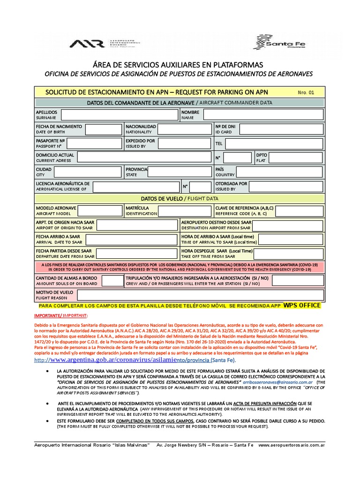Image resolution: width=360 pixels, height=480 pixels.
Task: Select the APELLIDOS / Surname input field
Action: (119, 115)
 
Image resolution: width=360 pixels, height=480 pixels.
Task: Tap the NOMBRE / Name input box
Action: (263, 115)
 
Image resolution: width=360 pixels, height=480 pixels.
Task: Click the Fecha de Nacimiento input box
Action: (103, 129)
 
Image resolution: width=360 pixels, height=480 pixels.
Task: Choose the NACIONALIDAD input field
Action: (185, 129)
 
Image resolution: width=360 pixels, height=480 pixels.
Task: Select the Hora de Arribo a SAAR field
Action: (291, 240)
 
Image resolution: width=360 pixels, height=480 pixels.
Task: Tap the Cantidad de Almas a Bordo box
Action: (112, 281)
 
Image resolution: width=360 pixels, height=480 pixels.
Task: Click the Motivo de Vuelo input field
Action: (200, 295)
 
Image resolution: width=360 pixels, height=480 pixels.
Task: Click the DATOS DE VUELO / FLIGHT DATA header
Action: (180, 199)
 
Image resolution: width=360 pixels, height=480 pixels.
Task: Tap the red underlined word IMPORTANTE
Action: (51, 316)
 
